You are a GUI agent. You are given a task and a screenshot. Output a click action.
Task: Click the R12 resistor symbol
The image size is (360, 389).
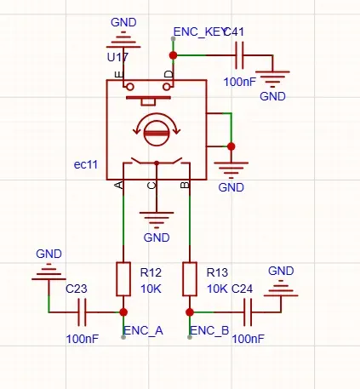point(123,279)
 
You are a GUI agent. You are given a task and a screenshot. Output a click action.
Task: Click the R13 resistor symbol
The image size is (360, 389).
point(190,279)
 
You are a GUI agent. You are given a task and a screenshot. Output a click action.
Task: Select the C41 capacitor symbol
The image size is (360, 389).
point(239,55)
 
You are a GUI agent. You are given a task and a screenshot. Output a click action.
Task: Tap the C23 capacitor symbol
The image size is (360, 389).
point(82,312)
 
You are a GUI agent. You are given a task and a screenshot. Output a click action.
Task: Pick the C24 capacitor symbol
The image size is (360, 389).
point(248,312)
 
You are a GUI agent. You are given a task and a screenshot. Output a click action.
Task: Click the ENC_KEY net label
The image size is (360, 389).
point(199,32)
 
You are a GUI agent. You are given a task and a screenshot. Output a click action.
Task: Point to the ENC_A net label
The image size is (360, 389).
point(144,331)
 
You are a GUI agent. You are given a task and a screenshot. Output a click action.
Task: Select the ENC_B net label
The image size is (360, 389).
point(209,331)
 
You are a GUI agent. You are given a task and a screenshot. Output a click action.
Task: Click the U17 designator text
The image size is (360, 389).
point(117,57)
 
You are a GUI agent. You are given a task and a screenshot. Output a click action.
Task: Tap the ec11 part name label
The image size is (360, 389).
point(86,164)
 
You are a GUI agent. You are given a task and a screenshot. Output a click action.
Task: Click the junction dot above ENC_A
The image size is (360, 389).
point(123,312)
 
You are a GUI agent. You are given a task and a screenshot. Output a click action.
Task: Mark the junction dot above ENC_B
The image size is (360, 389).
point(190,312)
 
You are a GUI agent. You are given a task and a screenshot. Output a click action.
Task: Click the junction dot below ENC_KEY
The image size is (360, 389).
point(174,55)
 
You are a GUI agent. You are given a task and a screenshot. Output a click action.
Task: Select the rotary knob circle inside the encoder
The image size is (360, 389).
point(157,133)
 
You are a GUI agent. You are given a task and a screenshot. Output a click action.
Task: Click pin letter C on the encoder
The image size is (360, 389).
point(151,186)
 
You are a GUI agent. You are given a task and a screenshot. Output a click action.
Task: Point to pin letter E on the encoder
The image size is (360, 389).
point(119,75)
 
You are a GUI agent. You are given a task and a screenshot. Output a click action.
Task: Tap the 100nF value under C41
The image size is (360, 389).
point(240,83)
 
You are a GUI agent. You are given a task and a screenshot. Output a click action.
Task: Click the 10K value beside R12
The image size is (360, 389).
point(151,289)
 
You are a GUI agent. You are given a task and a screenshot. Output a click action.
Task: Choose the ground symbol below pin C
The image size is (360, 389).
point(157,220)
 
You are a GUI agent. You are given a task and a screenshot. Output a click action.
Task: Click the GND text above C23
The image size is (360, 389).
point(49,254)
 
